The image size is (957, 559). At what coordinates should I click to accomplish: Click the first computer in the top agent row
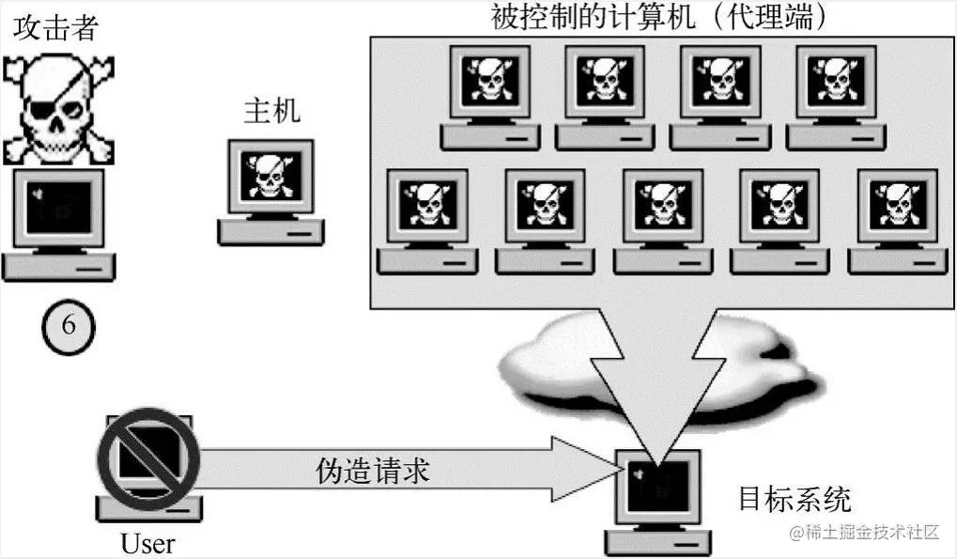click(x=489, y=85)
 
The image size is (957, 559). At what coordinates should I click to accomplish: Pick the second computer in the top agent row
click(x=604, y=85)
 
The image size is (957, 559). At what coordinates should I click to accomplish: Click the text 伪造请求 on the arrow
click(x=372, y=470)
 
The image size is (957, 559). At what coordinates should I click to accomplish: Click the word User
click(x=147, y=544)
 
